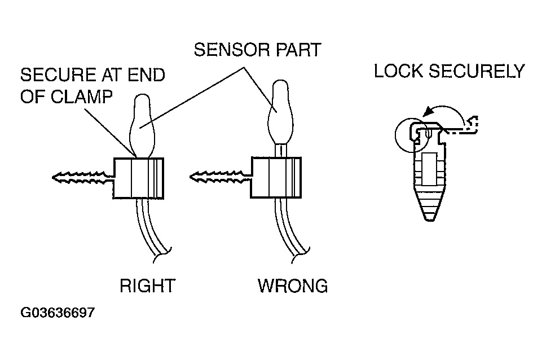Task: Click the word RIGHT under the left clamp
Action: tap(147, 286)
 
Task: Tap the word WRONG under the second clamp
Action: tap(293, 286)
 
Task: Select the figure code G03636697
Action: tap(58, 312)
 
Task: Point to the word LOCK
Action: tap(398, 71)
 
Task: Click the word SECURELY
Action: tap(477, 71)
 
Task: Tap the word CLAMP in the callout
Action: tap(82, 96)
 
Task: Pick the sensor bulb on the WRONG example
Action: tap(280, 112)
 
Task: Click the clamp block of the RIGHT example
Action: tap(138, 178)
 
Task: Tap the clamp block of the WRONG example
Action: tap(276, 178)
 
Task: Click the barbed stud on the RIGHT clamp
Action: tap(83, 178)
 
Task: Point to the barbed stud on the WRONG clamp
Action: tap(221, 177)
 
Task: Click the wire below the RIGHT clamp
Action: tap(153, 230)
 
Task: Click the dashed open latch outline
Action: tap(463, 127)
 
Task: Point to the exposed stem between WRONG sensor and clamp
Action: tap(280, 151)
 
